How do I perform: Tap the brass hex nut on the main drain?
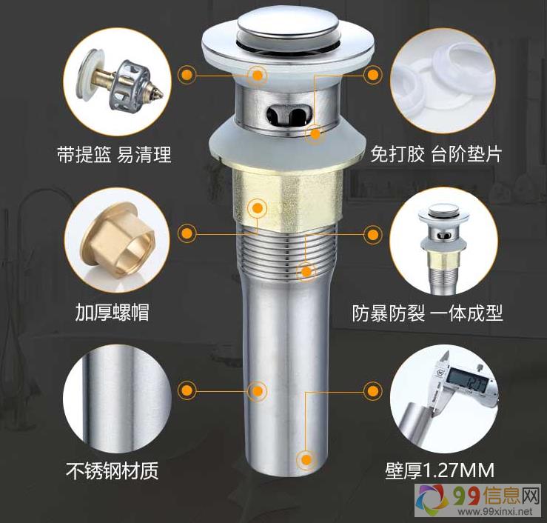click(287, 200)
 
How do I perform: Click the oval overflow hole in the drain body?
click(289, 114)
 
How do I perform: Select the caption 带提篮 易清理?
click(115, 154)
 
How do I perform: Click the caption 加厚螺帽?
click(113, 312)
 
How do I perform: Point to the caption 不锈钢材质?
click(112, 470)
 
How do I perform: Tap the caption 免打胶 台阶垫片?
click(436, 154)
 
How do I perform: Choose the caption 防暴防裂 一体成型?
click(427, 313)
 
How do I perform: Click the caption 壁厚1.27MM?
click(440, 470)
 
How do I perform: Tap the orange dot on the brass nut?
click(257, 208)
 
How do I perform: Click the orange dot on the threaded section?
click(306, 271)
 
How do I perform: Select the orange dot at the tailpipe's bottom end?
click(306, 460)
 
